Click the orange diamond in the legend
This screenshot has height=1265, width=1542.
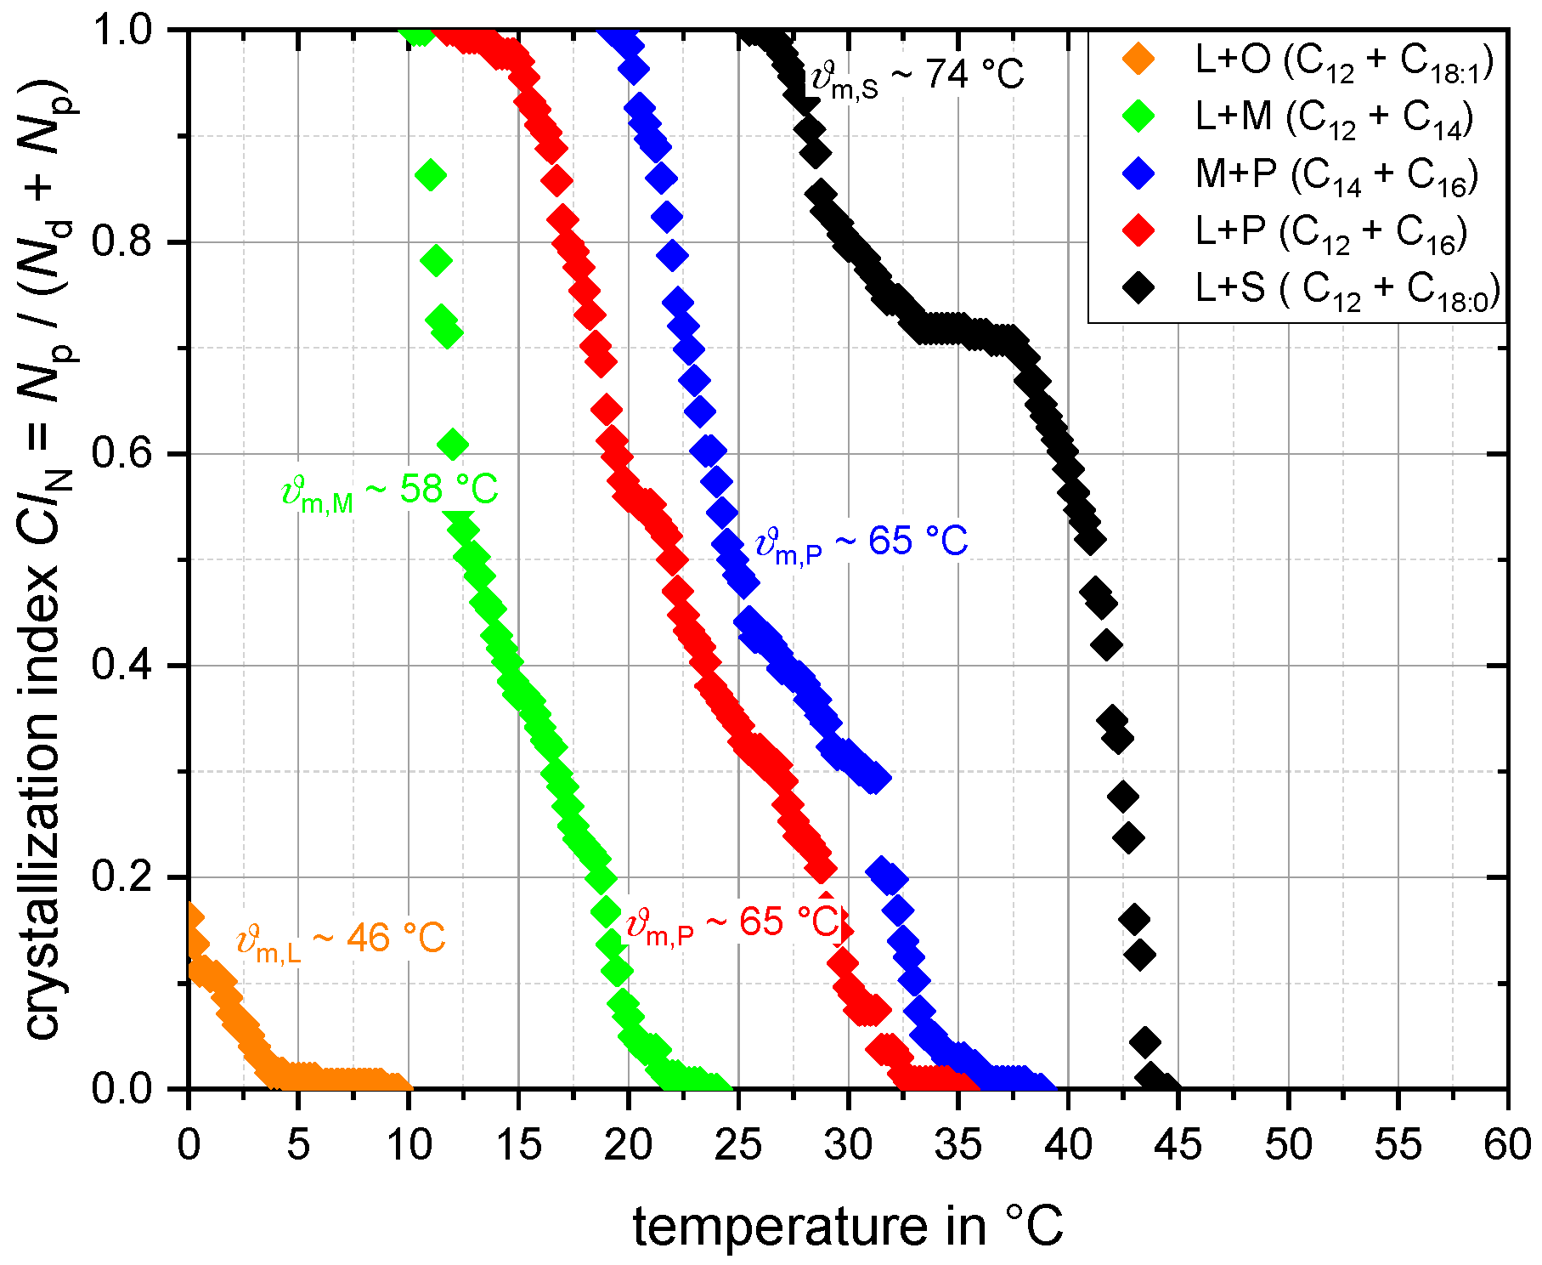pyautogui.click(x=1138, y=60)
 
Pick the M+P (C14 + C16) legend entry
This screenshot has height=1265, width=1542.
pyautogui.click(x=1336, y=174)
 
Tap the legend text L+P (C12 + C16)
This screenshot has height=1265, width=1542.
pyautogui.click(x=1331, y=231)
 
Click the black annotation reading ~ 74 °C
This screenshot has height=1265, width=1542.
pyautogui.click(x=918, y=77)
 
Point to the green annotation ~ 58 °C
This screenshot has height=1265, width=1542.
pyautogui.click(x=389, y=491)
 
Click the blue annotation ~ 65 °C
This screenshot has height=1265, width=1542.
pyautogui.click(x=861, y=542)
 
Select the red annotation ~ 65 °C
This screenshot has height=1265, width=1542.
pyautogui.click(x=732, y=923)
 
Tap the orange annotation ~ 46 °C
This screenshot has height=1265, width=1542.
pyautogui.click(x=341, y=940)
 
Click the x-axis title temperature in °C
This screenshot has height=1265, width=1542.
pyautogui.click(x=848, y=1227)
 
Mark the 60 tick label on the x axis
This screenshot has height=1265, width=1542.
pyautogui.click(x=1507, y=1145)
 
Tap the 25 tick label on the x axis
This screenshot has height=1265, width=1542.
pyautogui.click(x=737, y=1145)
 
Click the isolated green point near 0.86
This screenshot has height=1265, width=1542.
pyautogui.click(x=431, y=176)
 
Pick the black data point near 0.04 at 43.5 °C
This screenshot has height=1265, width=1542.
pyautogui.click(x=1145, y=1042)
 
